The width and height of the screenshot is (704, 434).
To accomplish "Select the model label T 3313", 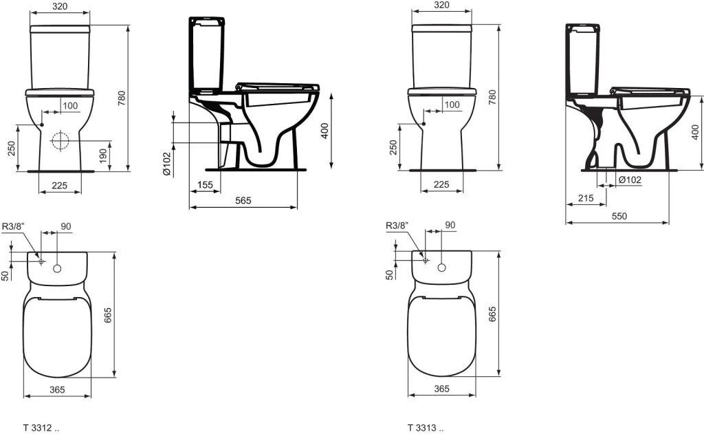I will pos(421,427).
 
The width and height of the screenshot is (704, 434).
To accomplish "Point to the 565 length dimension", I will pos(243,200).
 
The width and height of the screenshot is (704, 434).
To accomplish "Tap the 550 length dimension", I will pos(619,216).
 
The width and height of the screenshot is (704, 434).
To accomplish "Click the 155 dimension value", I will pos(205,184).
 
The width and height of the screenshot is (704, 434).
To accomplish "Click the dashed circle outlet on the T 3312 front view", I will pos(60,141).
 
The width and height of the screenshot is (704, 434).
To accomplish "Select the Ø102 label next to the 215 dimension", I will pos(630,180).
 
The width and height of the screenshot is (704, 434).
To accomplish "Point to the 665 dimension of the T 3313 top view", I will pos(492,314).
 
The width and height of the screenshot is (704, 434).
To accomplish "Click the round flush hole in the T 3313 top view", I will pos(441,266).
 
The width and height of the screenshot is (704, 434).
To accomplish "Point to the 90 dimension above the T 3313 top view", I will pos(450,225).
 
